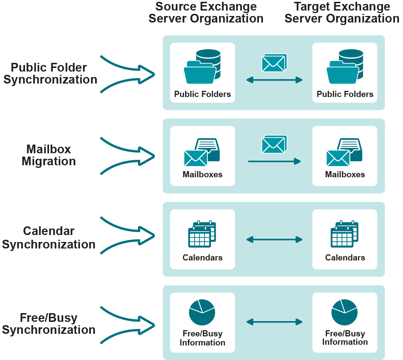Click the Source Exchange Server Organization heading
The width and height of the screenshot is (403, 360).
(206, 13)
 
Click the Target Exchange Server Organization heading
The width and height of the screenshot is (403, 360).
(342, 13)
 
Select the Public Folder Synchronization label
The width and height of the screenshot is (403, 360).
(50, 73)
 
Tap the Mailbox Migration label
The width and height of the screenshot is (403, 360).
(49, 155)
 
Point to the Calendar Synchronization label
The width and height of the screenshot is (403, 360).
(49, 238)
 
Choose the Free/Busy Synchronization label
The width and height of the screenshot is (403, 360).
(49, 324)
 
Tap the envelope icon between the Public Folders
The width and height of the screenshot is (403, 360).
(274, 62)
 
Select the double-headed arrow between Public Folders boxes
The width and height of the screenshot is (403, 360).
(274, 80)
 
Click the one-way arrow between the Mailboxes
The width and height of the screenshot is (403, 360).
(274, 161)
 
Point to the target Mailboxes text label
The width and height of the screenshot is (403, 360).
(345, 174)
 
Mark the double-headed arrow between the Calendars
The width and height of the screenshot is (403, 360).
(274, 239)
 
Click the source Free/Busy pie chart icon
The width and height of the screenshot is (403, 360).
(202, 312)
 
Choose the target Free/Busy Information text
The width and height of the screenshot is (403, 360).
(345, 338)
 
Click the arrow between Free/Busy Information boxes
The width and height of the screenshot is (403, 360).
(274, 321)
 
